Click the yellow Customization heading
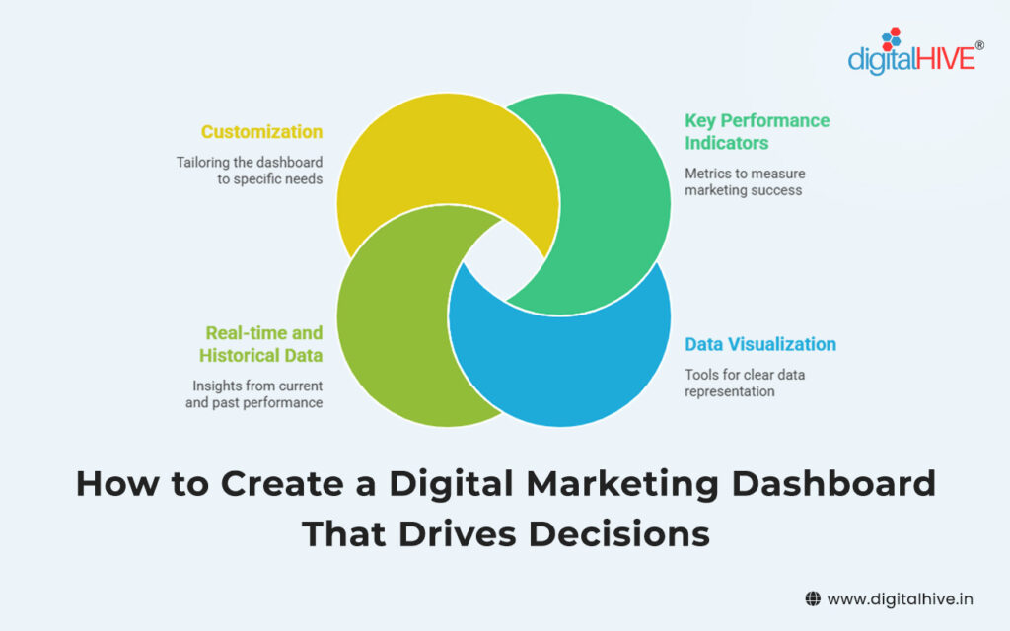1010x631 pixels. click(261, 131)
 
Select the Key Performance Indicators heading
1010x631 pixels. click(757, 131)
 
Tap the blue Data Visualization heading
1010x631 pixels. click(760, 344)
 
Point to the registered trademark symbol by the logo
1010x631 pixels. click(978, 45)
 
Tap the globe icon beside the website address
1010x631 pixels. click(813, 598)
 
